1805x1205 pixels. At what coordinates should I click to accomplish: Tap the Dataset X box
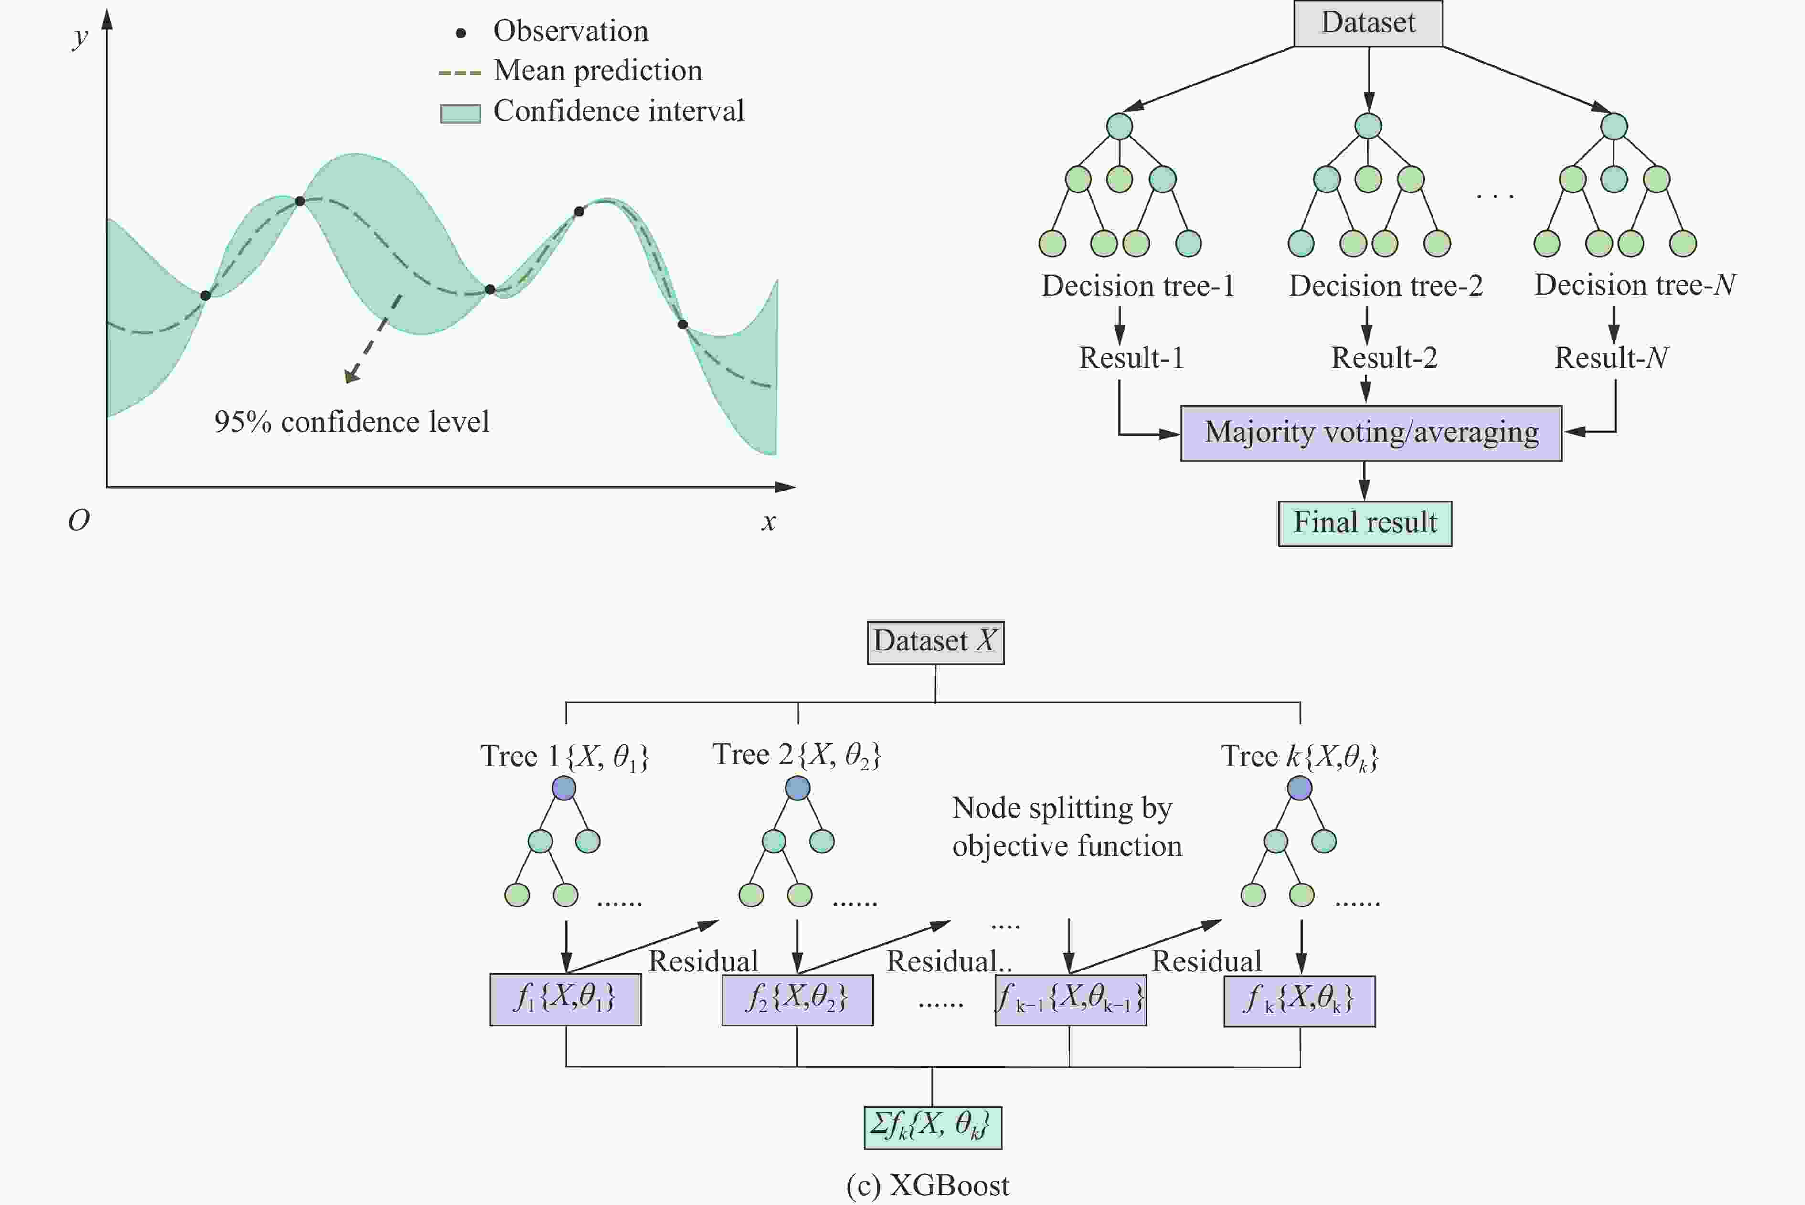tap(935, 642)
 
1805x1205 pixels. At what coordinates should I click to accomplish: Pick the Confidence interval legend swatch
tap(460, 113)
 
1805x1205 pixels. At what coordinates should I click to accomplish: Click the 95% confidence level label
tap(351, 422)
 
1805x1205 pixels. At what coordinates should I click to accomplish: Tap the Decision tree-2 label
tap(1385, 286)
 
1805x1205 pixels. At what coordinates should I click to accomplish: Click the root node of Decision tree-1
tap(1120, 126)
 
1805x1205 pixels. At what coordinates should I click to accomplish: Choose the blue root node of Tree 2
tap(797, 788)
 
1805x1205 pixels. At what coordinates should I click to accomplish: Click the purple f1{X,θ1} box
tap(565, 1000)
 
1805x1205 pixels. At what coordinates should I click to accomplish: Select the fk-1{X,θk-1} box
tap(1071, 1000)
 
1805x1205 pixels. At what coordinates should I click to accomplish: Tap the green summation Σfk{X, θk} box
tap(933, 1127)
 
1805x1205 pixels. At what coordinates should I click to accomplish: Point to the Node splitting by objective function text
tap(1067, 827)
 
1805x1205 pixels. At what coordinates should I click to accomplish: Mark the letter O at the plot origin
tap(78, 521)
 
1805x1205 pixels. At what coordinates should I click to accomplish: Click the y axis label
tap(79, 37)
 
